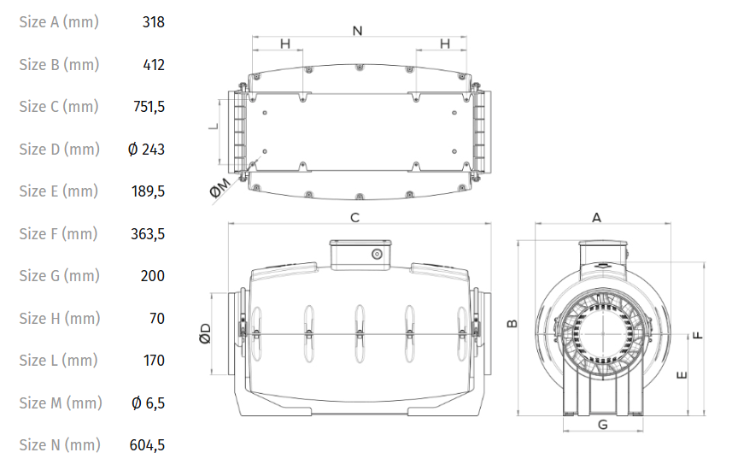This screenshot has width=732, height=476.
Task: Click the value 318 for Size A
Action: coord(154,22)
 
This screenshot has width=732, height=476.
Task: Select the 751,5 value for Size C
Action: coord(149,107)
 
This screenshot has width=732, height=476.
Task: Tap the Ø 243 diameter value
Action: coord(146,150)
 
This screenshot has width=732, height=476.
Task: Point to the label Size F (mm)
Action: coord(58,233)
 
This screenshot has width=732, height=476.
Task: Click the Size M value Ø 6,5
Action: coord(149,403)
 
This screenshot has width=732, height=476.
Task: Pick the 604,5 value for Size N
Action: coord(147,445)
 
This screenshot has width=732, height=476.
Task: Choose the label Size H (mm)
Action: coord(60,319)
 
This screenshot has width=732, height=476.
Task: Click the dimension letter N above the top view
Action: coord(358,31)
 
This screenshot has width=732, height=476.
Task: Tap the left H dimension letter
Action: coord(285,44)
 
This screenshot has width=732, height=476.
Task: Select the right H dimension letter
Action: coord(445,44)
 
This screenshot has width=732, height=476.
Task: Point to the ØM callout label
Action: coord(220,188)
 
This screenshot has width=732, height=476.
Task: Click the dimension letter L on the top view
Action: coord(214,126)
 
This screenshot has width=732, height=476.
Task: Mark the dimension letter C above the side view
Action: coord(354,218)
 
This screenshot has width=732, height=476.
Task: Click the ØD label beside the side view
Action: coord(205,333)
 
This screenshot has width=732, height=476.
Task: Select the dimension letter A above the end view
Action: coord(596,218)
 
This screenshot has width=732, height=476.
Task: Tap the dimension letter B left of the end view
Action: coord(512,323)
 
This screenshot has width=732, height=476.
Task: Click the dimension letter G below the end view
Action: coord(603,425)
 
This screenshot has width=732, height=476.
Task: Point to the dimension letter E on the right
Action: coord(682,374)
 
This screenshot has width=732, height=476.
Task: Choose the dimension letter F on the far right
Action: coord(698,335)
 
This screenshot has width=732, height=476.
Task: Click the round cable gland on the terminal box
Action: coord(378,254)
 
